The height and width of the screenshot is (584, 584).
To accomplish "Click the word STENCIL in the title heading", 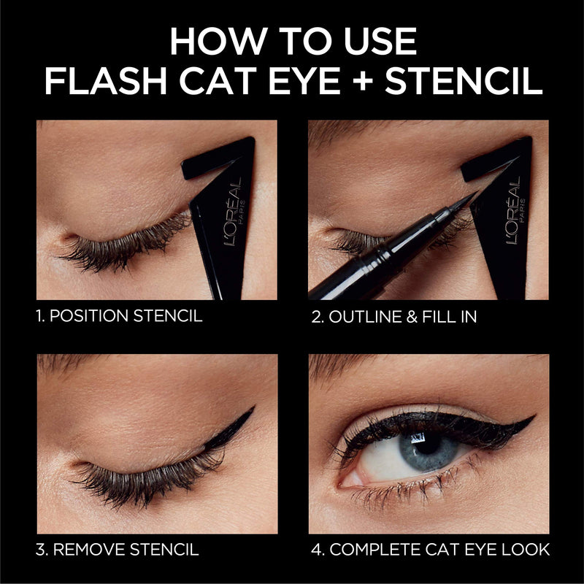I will (464, 83).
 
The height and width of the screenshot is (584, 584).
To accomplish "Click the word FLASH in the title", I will (102, 83).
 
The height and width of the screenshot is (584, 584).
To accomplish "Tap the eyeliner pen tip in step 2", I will (473, 195).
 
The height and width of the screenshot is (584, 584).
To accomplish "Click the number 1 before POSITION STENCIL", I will (41, 316).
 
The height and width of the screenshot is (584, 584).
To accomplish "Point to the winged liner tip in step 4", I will (534, 418).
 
